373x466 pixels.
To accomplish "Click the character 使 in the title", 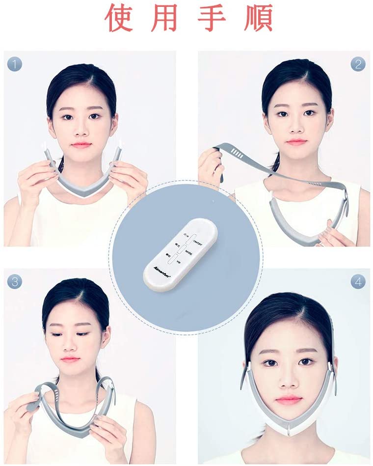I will pyautogui.click(x=120, y=18).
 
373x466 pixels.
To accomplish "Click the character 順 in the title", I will pyautogui.click(x=256, y=18).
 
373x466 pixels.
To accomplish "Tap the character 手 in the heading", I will pyautogui.click(x=212, y=18).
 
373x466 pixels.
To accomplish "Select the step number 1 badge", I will pyautogui.click(x=15, y=64).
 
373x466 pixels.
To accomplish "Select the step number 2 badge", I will pyautogui.click(x=358, y=64).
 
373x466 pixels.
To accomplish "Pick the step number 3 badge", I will pyautogui.click(x=15, y=281).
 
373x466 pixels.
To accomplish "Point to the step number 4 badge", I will pyautogui.click(x=358, y=282).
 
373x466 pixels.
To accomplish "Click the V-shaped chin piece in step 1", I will pyautogui.click(x=83, y=189).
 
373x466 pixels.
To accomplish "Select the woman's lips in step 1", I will pyautogui.click(x=81, y=145).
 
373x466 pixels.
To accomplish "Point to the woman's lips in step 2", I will pyautogui.click(x=296, y=142).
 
